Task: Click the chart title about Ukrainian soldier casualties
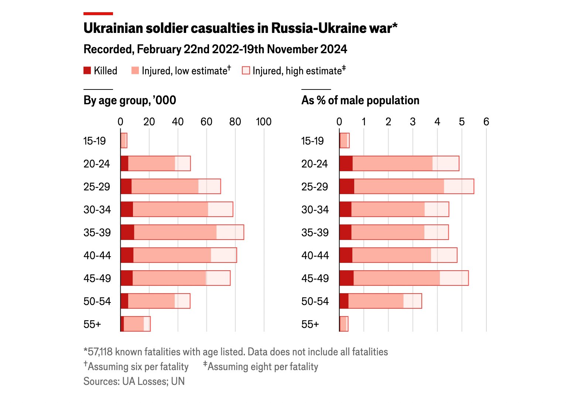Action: point(240,28)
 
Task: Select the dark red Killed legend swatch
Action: point(87,71)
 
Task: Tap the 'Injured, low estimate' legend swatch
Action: point(135,71)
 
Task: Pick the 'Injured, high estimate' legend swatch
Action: point(246,71)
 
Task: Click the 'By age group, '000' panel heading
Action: point(130,100)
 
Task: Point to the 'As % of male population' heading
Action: point(360,100)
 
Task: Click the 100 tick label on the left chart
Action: point(264,122)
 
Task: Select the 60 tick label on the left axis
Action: point(206,122)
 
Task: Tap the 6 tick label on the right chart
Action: point(486,122)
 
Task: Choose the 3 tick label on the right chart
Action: point(413,122)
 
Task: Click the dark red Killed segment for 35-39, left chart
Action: point(127,232)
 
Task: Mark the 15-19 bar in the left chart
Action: point(124,140)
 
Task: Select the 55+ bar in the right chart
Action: point(343,324)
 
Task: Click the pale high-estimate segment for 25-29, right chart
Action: point(459,186)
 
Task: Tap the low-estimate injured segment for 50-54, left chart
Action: point(151,301)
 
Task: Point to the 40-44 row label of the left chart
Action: point(97,255)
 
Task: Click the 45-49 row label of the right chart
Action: point(315,278)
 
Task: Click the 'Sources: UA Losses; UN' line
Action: point(134,381)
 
